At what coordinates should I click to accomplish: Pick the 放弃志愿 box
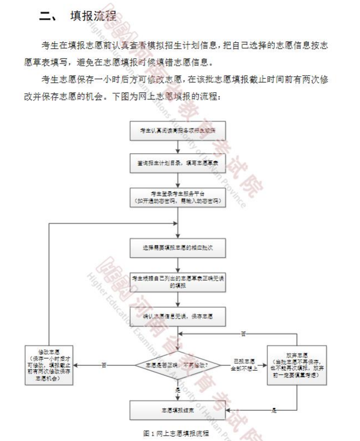(x=297, y=365)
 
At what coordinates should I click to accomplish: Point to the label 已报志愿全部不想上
(x=244, y=365)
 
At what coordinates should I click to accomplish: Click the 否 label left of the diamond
(x=104, y=365)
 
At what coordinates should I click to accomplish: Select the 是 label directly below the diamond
(x=178, y=389)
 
